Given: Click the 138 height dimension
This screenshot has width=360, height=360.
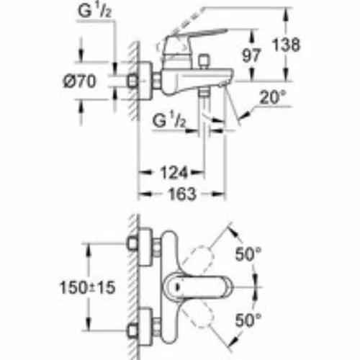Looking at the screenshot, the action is [x=286, y=45].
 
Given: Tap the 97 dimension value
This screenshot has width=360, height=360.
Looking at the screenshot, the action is [x=251, y=55].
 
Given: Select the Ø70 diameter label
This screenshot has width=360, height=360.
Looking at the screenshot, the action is [x=79, y=81].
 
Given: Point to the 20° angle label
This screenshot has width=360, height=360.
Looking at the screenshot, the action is [x=273, y=97].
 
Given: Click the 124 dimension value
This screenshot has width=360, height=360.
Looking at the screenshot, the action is [x=174, y=173].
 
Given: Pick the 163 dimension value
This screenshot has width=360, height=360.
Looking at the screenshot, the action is [x=182, y=194].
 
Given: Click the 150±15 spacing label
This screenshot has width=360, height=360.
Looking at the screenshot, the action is [x=87, y=287].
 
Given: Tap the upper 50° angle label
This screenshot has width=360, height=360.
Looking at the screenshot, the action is [x=248, y=254].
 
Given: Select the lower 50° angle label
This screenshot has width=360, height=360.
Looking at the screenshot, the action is [x=248, y=320].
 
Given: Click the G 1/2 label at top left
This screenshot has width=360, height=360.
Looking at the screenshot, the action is [x=95, y=11].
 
